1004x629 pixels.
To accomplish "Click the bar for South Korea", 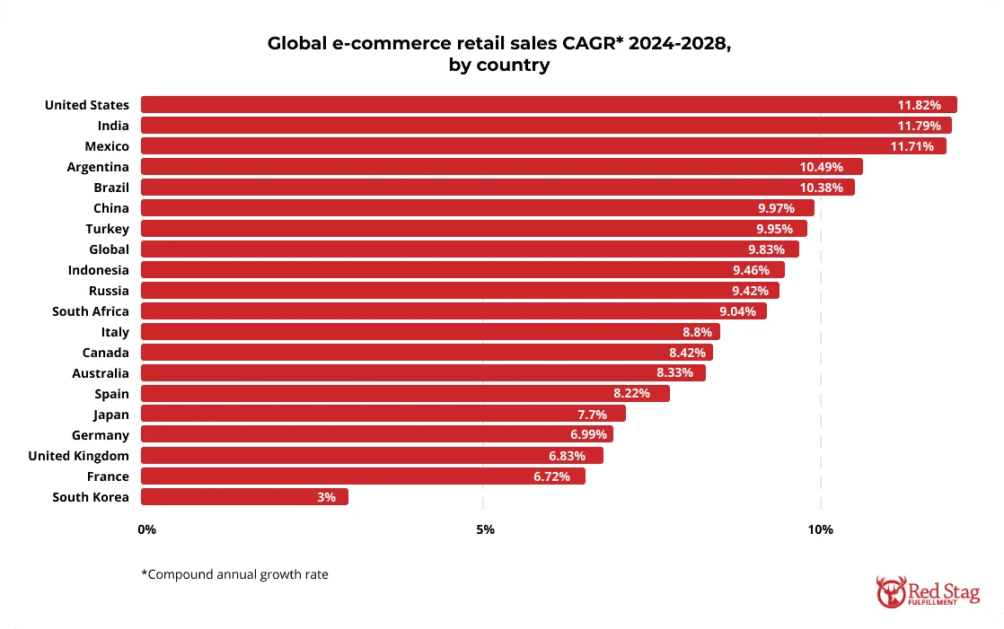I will tap(244, 497).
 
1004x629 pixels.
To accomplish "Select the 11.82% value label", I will tap(919, 105).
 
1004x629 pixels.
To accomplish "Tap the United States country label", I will tap(87, 105).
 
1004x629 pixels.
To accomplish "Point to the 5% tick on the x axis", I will tap(485, 529).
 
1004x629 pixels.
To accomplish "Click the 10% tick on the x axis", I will tap(820, 529).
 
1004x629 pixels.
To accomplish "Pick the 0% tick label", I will tap(147, 529).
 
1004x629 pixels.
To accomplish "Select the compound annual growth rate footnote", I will tap(234, 574).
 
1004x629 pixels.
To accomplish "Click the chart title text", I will tap(499, 54).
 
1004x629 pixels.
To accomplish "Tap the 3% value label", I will tap(326, 497).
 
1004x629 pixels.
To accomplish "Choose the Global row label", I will tap(109, 249).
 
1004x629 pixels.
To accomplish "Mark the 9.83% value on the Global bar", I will tap(765, 249).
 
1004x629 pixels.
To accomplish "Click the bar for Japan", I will tap(383, 415).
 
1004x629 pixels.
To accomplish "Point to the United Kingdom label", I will tap(78, 456).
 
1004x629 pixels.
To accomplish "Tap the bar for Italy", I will tap(430, 332).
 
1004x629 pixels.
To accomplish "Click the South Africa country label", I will tap(91, 311).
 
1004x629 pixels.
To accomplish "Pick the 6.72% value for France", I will tap(551, 476).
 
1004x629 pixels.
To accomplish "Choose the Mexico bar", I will tap(543, 146).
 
